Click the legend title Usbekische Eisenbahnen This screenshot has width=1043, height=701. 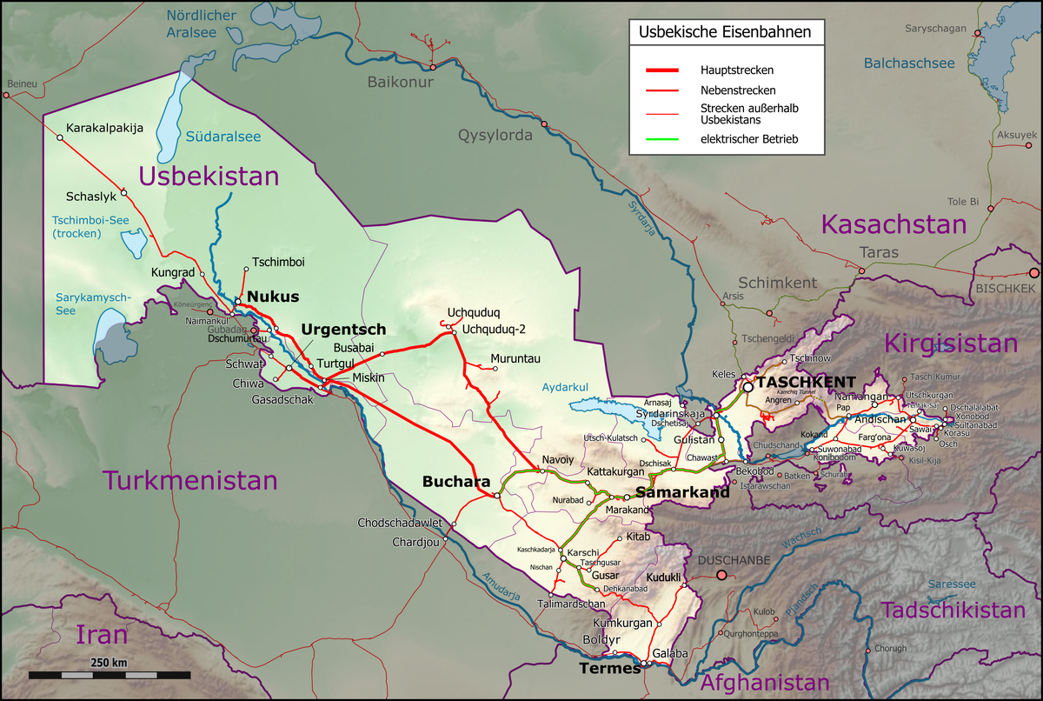tap(725, 33)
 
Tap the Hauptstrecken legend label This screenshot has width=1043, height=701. tap(737, 69)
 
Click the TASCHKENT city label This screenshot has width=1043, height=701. tap(806, 382)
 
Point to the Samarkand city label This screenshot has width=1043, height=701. tap(682, 492)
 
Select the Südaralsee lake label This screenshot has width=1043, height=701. tap(223, 137)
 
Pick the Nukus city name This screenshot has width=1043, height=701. tap(273, 297)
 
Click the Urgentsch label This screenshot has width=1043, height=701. tap(343, 330)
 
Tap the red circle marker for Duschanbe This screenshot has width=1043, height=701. tap(721, 575)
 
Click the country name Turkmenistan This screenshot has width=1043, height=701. tap(190, 480)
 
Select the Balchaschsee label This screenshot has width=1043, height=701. tap(909, 63)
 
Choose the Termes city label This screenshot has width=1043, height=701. tap(609, 669)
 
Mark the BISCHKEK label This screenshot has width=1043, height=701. tap(1006, 287)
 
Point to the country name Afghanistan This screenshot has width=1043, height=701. tap(766, 683)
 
